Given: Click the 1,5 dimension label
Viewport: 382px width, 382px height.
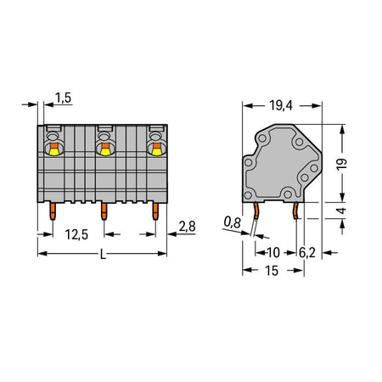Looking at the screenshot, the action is (63, 98).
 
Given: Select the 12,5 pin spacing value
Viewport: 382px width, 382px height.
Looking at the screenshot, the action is (76, 234).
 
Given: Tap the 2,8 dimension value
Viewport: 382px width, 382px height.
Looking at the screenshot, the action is (187, 227).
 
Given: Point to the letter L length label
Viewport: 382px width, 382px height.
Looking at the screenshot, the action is (104, 255).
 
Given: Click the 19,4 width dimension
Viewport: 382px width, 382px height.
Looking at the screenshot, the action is (281, 105).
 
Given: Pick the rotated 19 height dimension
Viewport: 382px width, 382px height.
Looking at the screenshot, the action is (342, 164).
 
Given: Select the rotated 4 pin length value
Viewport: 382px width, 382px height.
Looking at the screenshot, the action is (342, 211).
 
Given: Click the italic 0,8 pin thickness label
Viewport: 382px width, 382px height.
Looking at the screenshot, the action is (233, 222).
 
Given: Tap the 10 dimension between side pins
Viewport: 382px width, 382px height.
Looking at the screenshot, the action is (273, 252).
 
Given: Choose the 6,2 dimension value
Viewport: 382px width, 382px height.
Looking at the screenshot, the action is (307, 253).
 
